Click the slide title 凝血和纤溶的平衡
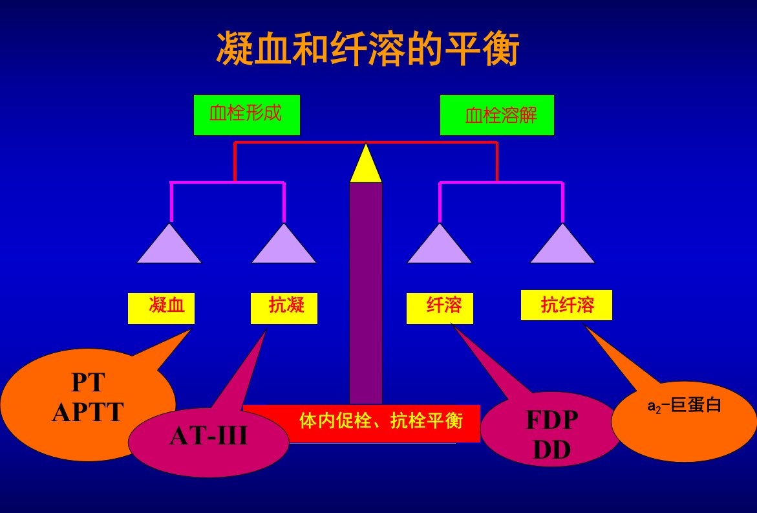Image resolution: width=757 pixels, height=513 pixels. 367,49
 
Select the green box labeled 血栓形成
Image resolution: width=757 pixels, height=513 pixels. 247,115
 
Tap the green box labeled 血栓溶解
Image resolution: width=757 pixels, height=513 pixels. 496,115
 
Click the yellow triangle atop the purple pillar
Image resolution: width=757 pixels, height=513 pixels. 366,163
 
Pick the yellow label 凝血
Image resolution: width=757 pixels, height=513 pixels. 161,308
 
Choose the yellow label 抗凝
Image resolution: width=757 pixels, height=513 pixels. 284,308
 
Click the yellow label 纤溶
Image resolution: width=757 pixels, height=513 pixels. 440,308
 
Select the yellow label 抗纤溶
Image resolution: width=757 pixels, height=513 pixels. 566,305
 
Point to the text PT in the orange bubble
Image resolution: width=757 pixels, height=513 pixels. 88,382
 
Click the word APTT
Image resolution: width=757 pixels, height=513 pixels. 88,413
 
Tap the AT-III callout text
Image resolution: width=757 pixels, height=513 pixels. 209,436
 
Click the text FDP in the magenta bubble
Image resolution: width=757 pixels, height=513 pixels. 552,420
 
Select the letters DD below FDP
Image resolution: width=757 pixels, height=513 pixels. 552,450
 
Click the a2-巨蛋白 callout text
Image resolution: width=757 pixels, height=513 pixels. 684,405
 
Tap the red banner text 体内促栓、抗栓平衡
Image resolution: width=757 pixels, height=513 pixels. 381,420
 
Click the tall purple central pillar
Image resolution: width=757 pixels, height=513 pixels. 366,293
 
